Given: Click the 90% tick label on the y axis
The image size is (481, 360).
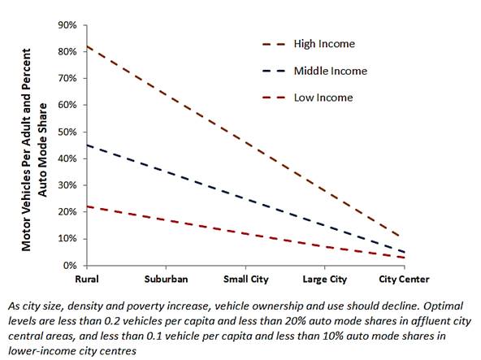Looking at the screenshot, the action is [x=67, y=25].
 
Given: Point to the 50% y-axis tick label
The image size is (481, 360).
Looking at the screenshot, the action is [x=67, y=132].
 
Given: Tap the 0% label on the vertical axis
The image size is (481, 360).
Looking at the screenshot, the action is [x=70, y=266].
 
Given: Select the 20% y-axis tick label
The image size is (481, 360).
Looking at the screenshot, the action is [x=67, y=212].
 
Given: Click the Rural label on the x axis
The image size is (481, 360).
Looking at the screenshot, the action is [x=87, y=279].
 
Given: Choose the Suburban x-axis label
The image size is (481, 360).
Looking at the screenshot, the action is [x=166, y=279].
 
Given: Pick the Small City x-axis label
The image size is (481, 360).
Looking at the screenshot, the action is [x=245, y=280].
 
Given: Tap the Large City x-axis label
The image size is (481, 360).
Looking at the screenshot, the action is [x=324, y=280].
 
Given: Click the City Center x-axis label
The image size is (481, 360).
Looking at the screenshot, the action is [x=404, y=280].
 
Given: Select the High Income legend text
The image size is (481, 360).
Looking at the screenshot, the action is [x=324, y=44].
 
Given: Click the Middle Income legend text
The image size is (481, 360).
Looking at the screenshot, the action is [x=331, y=71].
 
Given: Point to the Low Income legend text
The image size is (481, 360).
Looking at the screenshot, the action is [x=323, y=98].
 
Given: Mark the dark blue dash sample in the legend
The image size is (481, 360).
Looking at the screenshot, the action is [x=274, y=71].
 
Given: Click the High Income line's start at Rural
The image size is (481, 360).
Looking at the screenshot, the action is [x=87, y=46].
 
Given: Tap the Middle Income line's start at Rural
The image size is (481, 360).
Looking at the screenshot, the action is [x=87, y=145].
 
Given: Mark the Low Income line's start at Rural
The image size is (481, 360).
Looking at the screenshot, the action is [x=87, y=206].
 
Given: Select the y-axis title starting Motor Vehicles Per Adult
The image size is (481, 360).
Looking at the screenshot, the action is [x=34, y=150].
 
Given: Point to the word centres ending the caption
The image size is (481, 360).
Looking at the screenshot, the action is [x=118, y=350].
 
